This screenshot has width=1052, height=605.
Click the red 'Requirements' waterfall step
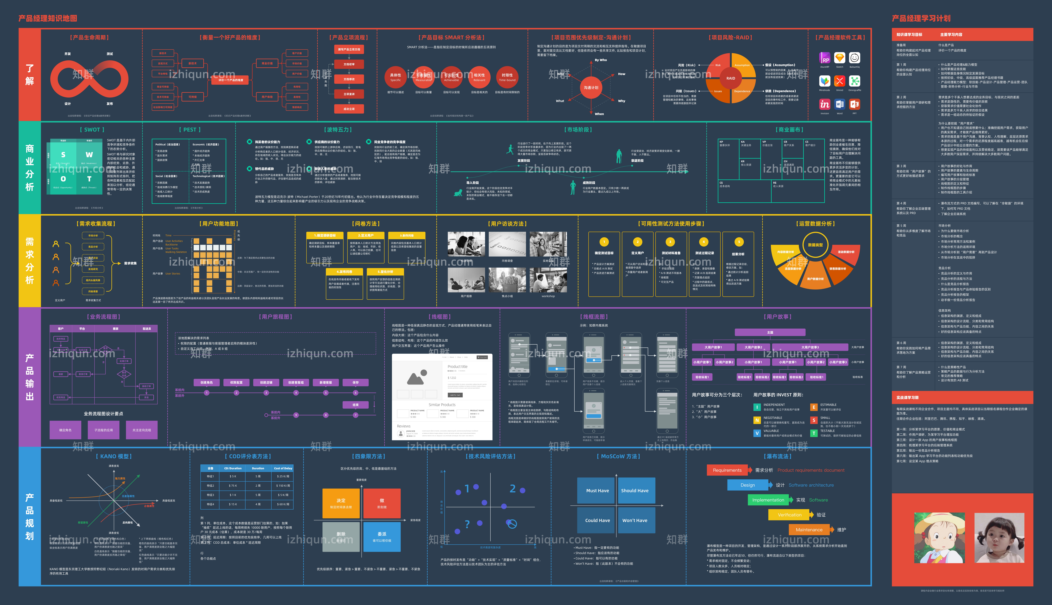point(727,470)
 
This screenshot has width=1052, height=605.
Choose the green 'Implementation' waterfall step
point(768,500)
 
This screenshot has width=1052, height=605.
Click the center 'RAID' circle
point(730,78)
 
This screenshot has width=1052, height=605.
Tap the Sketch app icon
point(839,58)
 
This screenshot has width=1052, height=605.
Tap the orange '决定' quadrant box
point(341,503)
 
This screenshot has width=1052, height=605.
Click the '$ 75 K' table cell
point(233,485)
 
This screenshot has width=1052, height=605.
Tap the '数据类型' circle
point(815,245)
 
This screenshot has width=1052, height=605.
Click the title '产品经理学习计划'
point(921,18)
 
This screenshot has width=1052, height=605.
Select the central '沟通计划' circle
point(591,87)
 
